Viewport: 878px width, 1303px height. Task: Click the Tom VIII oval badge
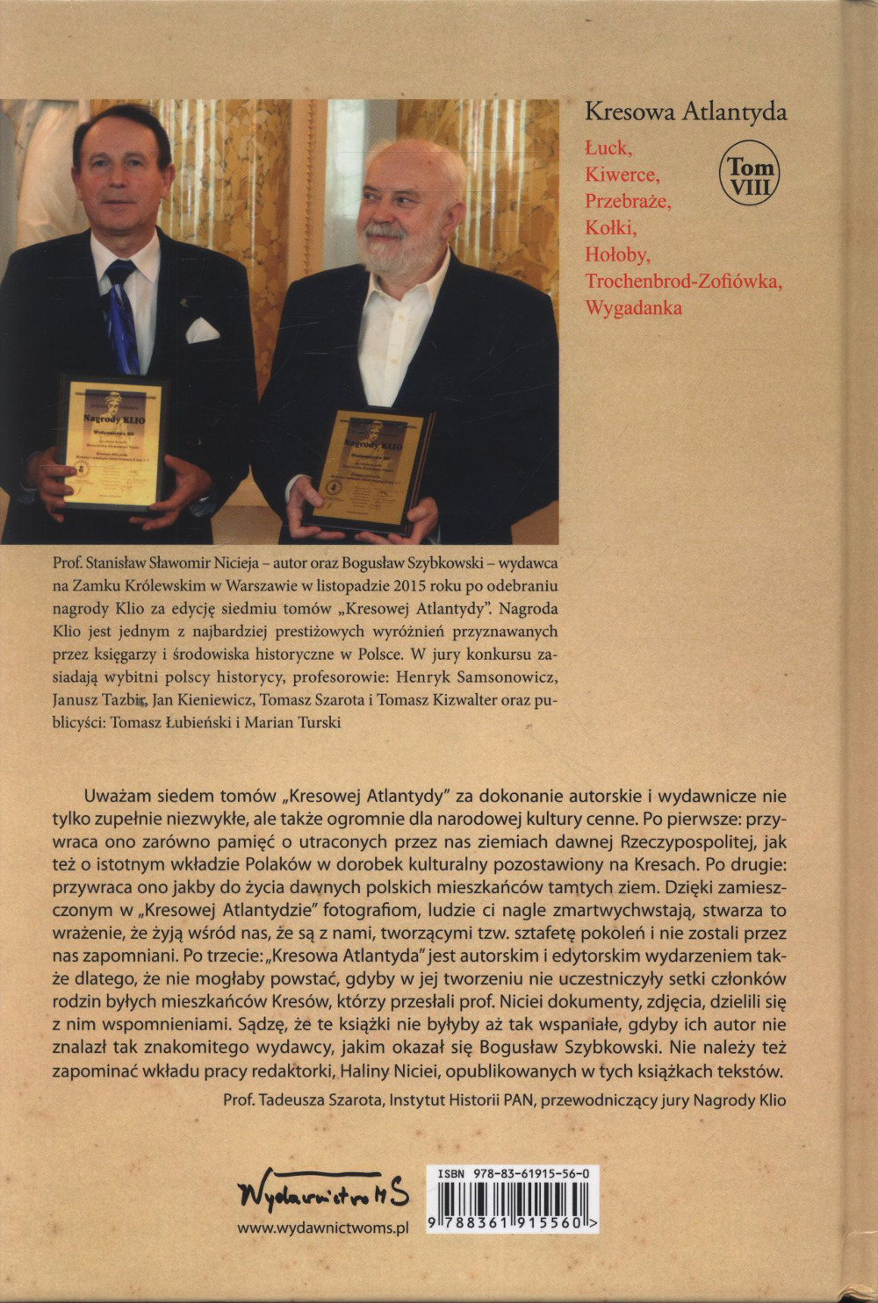point(749,173)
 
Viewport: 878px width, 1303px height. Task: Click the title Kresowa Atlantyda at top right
point(686,112)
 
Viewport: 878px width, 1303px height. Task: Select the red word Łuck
point(608,147)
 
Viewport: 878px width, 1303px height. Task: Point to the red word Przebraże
point(628,201)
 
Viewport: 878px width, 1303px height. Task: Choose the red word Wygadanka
point(633,308)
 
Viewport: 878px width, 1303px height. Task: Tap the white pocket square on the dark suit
point(202,330)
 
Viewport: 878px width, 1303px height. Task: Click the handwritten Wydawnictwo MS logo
point(323,1191)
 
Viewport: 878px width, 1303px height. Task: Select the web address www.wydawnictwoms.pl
point(323,1228)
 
